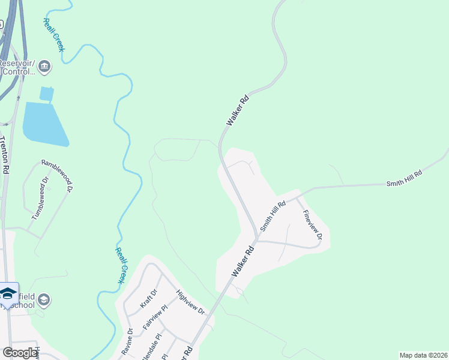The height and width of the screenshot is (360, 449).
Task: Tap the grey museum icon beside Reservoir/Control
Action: click(x=44, y=67)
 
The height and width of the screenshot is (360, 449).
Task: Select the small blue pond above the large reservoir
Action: click(x=46, y=94)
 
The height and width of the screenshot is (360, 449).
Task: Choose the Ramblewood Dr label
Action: click(x=57, y=175)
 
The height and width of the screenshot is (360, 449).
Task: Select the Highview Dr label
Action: click(x=190, y=303)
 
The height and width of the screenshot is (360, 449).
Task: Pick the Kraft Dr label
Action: click(x=148, y=298)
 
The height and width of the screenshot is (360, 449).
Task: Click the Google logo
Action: click(x=20, y=353)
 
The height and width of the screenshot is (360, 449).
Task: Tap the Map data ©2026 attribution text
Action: click(x=423, y=355)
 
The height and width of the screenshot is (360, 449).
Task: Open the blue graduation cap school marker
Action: click(x=8, y=293)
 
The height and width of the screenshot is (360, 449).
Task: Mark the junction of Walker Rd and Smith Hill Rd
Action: click(x=256, y=236)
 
